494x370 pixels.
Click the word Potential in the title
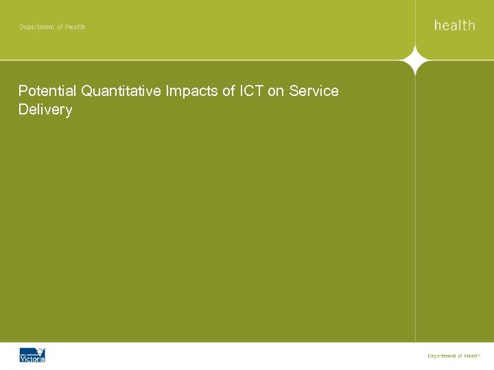click(47, 91)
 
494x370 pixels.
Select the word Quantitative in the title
click(120, 91)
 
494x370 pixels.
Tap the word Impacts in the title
click(190, 91)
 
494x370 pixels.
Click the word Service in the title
click(314, 91)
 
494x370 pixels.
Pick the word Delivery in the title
click(45, 110)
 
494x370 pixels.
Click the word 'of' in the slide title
click(227, 91)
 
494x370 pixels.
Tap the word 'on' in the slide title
click(276, 91)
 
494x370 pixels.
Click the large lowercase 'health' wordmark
click(454, 25)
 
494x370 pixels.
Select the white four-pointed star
click(415, 61)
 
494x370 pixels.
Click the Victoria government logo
click(32, 354)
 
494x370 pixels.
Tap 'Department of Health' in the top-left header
click(52, 27)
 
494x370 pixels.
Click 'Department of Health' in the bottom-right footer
click(454, 356)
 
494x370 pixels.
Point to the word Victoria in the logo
click(32, 358)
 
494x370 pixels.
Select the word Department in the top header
click(36, 27)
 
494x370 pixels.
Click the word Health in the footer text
click(472, 356)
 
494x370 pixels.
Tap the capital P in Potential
click(23, 91)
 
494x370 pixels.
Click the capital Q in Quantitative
click(86, 91)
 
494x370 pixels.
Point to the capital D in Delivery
click(23, 110)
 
